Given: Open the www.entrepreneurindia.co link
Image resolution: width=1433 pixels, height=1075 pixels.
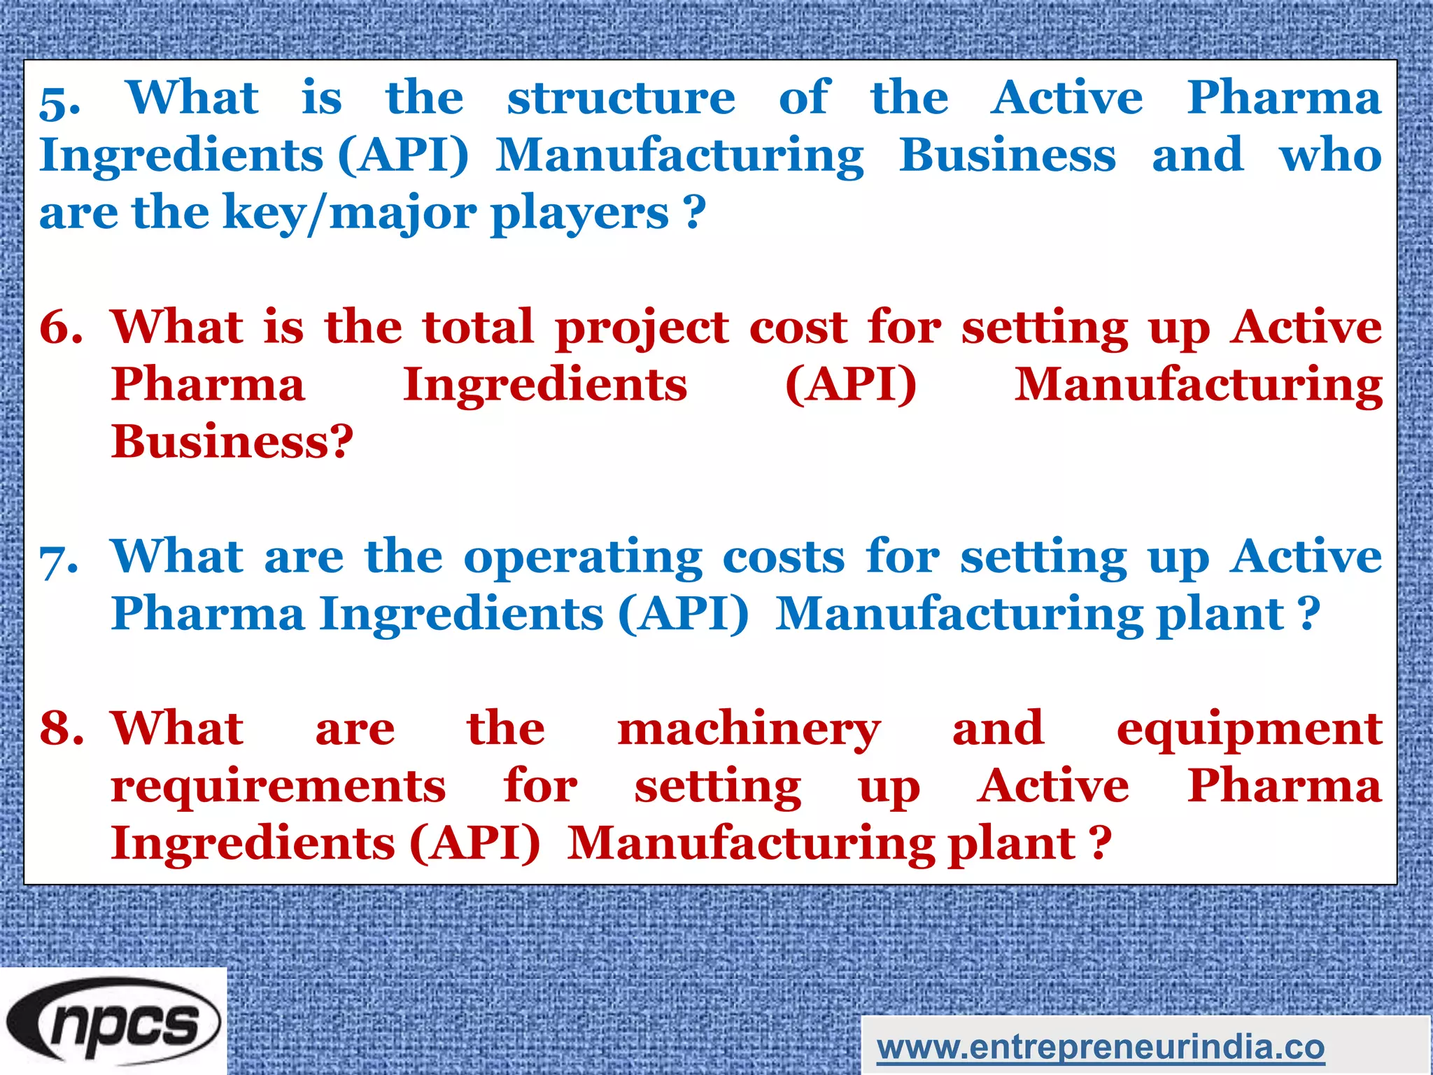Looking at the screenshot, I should [x=1100, y=1048].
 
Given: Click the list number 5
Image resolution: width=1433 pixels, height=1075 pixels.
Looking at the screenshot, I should [x=59, y=101].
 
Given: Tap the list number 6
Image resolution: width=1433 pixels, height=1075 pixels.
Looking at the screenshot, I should [x=61, y=328].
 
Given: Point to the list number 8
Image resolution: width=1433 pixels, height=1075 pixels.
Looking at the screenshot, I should [x=62, y=729].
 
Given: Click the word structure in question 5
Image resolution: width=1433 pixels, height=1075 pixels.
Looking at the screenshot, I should [x=621, y=98].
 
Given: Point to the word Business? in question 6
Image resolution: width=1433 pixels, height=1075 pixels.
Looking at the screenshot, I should [x=232, y=442].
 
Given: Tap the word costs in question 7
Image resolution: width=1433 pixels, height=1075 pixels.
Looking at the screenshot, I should [x=783, y=558].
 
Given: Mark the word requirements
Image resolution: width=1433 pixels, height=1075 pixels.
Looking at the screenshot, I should [x=278, y=787].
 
